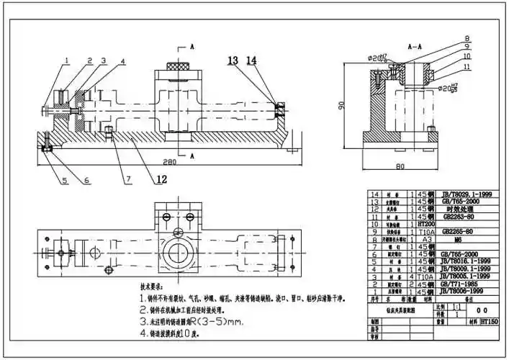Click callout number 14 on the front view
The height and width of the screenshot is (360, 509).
pyautogui.click(x=251, y=60)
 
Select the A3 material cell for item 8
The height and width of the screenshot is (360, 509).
pyautogui.click(x=430, y=239)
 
